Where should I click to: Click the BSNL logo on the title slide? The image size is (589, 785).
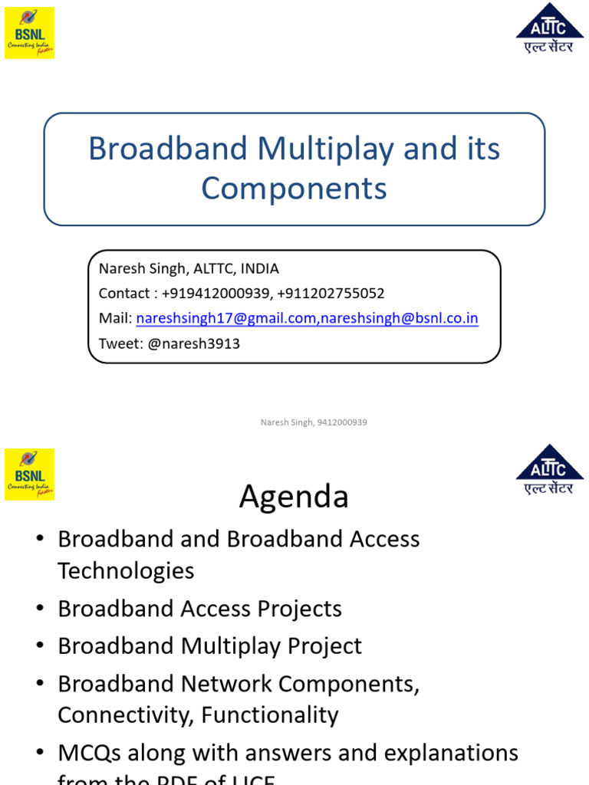pos(29,33)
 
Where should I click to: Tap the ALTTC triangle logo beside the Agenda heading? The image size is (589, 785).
pos(549,468)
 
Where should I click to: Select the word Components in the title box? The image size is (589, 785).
pos(294,189)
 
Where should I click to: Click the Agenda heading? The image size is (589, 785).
pos(294,497)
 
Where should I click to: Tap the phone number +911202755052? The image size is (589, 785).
pos(331,294)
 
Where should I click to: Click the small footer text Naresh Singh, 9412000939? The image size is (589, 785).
pos(314,422)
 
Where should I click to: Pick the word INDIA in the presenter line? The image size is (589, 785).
pos(260,269)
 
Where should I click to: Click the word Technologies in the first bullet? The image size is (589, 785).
pos(126,570)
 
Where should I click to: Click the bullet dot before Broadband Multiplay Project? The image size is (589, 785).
pos(40,646)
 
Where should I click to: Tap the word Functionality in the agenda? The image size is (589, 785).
pos(269,715)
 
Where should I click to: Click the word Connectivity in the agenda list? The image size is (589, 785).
pos(125,715)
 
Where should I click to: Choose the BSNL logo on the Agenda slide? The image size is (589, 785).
pos(29,475)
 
